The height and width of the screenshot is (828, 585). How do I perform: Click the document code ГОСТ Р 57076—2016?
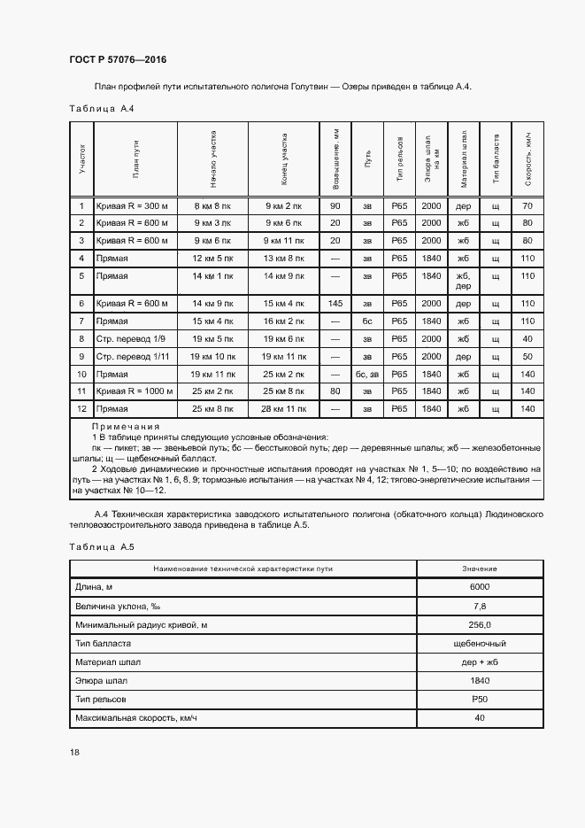point(118,60)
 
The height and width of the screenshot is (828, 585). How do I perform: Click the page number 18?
point(74,753)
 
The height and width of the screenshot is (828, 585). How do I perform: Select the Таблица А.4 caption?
point(101,109)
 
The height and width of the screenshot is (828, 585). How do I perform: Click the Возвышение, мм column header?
point(335,159)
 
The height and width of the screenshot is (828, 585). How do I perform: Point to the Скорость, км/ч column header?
point(528,159)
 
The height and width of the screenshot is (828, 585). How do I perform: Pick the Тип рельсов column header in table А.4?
point(400,159)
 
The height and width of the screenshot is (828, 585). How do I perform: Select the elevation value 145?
point(335,304)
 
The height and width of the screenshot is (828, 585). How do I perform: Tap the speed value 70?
point(528,206)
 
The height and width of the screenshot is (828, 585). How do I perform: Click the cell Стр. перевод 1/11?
point(131,356)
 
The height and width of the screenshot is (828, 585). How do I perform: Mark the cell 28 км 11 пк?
point(284,408)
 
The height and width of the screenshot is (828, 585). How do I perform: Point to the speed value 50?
point(528,356)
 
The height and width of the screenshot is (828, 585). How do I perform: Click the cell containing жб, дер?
point(463,281)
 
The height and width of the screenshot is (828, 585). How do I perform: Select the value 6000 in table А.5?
point(479,587)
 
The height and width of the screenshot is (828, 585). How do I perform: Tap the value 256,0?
point(479,625)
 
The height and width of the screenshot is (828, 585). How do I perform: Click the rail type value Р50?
point(479,699)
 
